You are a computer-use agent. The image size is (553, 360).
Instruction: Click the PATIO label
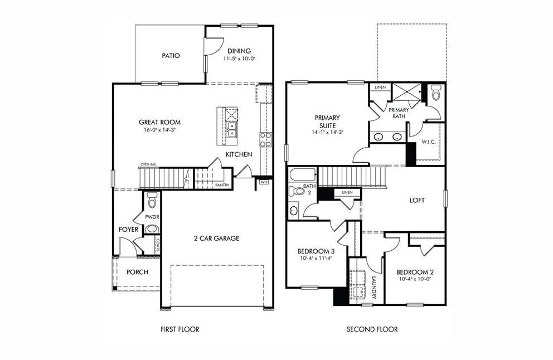(x=171, y=56)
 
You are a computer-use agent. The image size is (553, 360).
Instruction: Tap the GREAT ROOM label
(x=159, y=122)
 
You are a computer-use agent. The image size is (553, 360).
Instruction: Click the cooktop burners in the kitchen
(x=265, y=138)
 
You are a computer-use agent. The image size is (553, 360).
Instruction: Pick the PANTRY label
(x=222, y=185)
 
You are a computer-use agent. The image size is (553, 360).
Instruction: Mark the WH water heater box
(x=264, y=182)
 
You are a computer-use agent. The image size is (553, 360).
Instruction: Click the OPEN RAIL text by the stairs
(x=148, y=164)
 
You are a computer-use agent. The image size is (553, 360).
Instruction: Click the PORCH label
(x=137, y=272)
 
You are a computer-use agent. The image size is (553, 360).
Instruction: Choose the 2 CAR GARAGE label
(x=216, y=238)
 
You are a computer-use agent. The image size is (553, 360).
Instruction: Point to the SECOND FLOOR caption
(x=372, y=329)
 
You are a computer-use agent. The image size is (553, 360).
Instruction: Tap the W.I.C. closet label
(x=428, y=142)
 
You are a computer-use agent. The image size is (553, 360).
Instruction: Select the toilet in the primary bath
(x=436, y=94)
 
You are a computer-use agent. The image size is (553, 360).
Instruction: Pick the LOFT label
(x=417, y=200)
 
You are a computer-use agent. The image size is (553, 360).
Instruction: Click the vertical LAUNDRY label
(x=374, y=288)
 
